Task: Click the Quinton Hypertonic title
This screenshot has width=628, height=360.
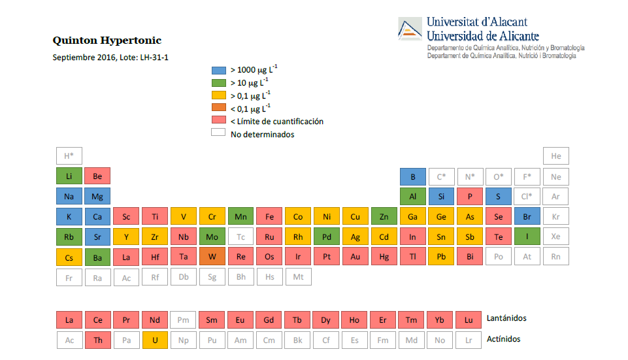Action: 107,41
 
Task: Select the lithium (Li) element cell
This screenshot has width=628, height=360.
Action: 69,176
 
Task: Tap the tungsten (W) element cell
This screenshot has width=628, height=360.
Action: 212,257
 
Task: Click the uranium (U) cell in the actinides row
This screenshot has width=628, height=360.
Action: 155,340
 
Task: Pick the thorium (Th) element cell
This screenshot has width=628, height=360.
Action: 98,340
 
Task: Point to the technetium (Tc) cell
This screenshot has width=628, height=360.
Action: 241,237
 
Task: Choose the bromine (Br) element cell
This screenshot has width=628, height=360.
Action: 527,216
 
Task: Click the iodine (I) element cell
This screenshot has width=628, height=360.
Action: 527,237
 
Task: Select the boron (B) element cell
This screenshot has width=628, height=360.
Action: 413,176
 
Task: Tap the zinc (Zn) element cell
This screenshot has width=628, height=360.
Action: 384,216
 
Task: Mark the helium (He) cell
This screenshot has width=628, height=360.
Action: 556,156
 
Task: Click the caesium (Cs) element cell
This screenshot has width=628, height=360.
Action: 69,257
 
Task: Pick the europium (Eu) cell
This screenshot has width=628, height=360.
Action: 240,319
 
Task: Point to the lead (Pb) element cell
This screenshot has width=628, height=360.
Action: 441,257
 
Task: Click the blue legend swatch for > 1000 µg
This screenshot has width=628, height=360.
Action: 218,70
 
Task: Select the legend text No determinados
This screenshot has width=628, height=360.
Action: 262,135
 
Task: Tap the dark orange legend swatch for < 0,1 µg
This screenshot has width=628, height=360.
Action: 218,108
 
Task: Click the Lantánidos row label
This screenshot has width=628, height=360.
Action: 506,318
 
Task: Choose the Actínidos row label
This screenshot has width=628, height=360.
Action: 504,339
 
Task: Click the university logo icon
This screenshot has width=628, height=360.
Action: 410,29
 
